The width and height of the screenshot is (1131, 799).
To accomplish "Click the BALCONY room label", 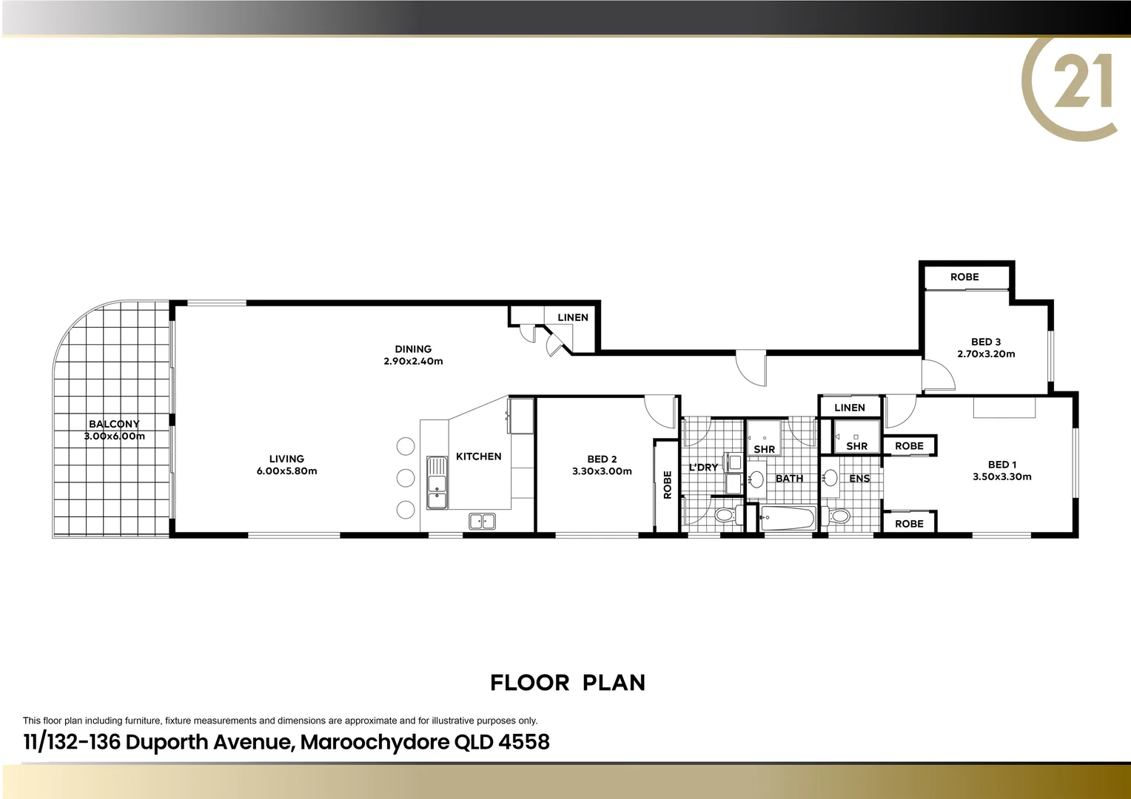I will [x=114, y=424].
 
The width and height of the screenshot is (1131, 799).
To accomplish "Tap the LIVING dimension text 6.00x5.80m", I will [x=286, y=471].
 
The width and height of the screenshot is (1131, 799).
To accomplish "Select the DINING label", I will [x=413, y=349].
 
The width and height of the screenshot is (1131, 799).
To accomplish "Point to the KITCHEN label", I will [x=478, y=456].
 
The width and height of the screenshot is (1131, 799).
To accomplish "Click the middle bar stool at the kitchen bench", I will [x=406, y=478].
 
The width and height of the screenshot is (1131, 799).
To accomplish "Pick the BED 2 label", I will [x=602, y=459].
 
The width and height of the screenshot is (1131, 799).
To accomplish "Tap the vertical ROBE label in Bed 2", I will [x=667, y=485].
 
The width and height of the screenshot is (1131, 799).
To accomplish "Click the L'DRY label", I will [x=703, y=468].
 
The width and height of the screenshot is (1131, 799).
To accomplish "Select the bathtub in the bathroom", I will [x=788, y=518].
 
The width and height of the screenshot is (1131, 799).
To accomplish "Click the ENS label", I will [x=859, y=479].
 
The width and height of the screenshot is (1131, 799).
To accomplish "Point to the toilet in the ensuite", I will [x=839, y=516].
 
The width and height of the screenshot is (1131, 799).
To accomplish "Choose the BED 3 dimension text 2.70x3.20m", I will [x=986, y=354].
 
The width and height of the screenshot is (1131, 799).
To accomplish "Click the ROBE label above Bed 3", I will [x=964, y=277].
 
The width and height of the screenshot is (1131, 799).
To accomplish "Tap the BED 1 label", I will [x=1001, y=465].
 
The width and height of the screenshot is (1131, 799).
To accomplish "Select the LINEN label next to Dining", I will [x=573, y=317].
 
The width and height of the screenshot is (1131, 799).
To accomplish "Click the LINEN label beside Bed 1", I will [x=849, y=408].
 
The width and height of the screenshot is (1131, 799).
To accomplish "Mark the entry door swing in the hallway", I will [x=751, y=368].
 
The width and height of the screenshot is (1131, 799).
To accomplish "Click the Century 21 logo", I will [x=1073, y=85].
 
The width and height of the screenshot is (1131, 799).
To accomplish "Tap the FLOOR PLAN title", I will [x=568, y=683].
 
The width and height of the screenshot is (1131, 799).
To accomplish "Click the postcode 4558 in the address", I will [x=524, y=741].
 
